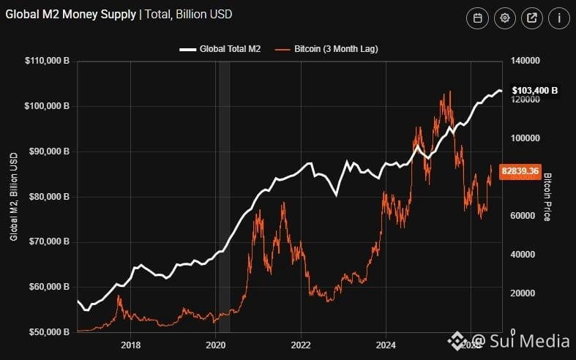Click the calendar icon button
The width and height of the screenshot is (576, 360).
tap(477, 18)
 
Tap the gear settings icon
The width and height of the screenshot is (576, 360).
tap(505, 18)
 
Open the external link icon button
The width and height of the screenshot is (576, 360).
tap(532, 18)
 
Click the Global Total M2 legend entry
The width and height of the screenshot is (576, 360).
tap(220, 49)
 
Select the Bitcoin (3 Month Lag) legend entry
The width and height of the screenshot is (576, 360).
tap(326, 49)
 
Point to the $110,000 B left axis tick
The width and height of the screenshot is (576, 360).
tap(47, 61)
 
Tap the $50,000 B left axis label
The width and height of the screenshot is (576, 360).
tap(49, 332)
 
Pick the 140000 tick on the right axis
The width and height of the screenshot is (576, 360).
tap(525, 61)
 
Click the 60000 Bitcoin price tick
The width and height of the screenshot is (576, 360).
tap(523, 216)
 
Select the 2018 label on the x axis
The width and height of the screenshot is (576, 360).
tap(130, 345)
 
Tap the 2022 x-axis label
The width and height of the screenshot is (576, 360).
tap(301, 345)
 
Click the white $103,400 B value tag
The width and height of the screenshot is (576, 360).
tap(535, 91)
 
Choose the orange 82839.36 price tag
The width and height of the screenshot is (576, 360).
tap(520, 171)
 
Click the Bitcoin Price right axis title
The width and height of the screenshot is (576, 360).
tap(547, 197)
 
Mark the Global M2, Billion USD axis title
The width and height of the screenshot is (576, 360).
tap(14, 197)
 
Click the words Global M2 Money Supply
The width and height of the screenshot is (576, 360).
tap(70, 15)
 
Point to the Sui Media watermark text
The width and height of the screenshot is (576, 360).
tap(520, 340)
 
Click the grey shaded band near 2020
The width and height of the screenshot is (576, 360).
tap(225, 197)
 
